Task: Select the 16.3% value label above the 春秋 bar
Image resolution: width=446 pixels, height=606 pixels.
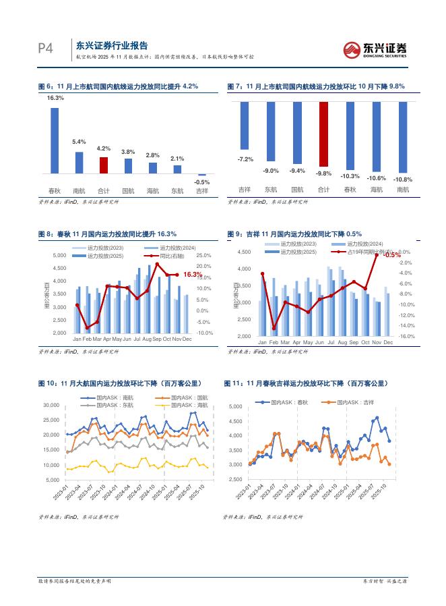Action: click(55, 99)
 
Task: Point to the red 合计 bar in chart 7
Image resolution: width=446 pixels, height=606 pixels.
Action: click(324, 135)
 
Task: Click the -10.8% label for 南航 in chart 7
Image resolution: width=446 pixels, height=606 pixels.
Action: click(402, 180)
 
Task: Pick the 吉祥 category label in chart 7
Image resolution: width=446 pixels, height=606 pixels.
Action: click(245, 190)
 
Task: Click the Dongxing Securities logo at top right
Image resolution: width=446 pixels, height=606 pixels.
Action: click(375, 49)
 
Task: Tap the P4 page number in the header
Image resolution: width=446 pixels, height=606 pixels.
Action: click(45, 48)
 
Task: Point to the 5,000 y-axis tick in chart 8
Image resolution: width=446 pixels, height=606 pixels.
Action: click(59, 255)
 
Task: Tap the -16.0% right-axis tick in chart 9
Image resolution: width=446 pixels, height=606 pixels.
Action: click(406, 335)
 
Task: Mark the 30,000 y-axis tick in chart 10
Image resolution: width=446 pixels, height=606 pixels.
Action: click(52, 405)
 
